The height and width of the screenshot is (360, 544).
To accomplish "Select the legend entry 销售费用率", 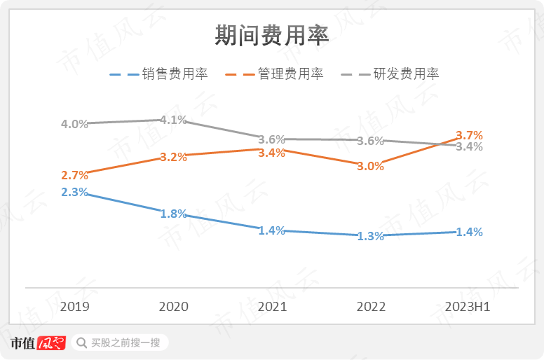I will [x=175, y=74].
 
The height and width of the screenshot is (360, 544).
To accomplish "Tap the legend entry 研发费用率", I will [x=406, y=74].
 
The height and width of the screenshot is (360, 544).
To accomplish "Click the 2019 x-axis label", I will [x=74, y=307].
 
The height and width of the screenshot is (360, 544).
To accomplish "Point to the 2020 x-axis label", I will [x=173, y=307].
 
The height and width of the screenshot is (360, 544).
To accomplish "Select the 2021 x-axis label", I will [x=272, y=307].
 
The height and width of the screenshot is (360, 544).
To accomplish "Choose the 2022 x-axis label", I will [x=371, y=307].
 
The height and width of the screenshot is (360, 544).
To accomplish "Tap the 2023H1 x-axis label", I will [x=469, y=307].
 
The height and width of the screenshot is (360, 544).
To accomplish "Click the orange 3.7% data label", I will [x=469, y=135].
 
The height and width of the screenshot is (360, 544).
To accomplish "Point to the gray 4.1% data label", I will [x=173, y=120].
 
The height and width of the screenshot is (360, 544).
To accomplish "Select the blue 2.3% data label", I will [x=74, y=192].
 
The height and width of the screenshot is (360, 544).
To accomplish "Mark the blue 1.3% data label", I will [x=371, y=237].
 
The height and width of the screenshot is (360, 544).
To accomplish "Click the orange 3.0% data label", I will [x=371, y=167].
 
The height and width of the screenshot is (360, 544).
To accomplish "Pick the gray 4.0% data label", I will [x=74, y=124].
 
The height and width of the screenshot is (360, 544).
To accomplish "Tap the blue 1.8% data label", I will [x=173, y=214].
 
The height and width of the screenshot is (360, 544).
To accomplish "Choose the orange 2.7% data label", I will [x=74, y=175].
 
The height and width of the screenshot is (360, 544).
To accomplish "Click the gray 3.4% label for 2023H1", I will [x=469, y=147].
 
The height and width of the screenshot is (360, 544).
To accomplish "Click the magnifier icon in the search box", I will [x=81, y=343].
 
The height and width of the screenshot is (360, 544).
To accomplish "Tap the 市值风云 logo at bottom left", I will [x=37, y=343].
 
